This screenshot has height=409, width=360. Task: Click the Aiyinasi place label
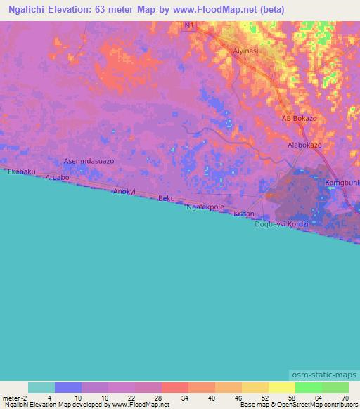point(247,51)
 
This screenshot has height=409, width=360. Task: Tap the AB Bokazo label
point(299,118)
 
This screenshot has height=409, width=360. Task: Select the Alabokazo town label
point(304,144)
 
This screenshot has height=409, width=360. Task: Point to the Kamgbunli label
point(342,183)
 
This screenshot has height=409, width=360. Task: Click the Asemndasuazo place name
point(89,161)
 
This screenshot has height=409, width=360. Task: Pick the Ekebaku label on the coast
point(21,171)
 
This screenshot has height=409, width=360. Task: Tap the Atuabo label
point(57,178)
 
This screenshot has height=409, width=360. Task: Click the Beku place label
point(166,198)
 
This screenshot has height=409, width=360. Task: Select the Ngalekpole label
point(205,207)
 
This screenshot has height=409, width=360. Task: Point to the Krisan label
point(243,213)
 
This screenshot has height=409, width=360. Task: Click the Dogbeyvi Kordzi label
point(281,223)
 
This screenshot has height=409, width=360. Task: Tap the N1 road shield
point(187,25)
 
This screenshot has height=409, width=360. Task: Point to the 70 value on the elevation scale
point(344,397)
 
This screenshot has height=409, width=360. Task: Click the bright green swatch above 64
point(309,387)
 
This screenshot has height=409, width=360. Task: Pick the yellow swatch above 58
point(282,387)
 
